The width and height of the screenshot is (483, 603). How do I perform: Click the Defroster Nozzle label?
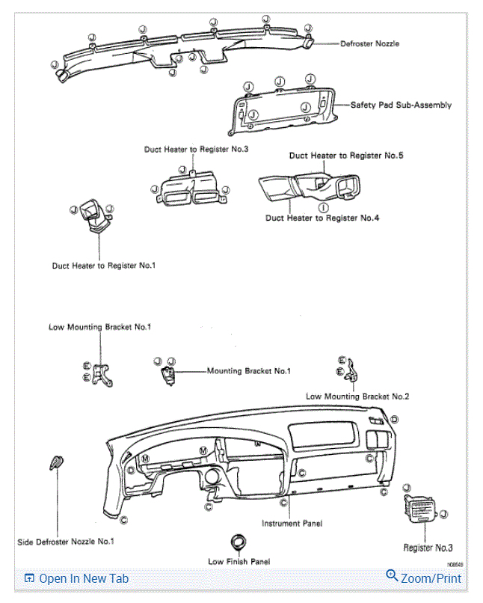tap(369, 43)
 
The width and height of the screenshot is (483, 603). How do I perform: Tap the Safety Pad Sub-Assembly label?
tap(401, 105)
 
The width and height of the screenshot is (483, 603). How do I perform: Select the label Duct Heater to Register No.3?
tap(196, 150)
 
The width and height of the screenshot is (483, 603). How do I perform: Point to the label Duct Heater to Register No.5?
tap(346, 156)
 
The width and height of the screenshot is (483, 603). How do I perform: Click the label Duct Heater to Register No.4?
tap(322, 218)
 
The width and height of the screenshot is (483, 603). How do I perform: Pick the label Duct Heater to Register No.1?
tap(104, 265)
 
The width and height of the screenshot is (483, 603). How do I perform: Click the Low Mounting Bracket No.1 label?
tap(100, 327)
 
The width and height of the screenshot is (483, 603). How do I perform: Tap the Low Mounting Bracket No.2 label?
tap(357, 396)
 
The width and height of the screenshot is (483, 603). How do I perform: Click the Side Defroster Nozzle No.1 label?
tap(66, 541)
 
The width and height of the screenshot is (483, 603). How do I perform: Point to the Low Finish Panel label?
tap(239, 561)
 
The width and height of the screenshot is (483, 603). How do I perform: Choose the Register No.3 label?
tap(428, 548)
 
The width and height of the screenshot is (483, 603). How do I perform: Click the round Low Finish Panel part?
tap(239, 541)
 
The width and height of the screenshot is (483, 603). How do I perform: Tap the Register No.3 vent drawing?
tap(420, 512)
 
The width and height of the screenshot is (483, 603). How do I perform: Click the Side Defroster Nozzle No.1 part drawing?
tap(57, 462)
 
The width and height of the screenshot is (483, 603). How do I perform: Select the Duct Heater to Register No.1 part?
tap(95, 215)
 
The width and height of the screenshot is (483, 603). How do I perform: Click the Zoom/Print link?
tap(431, 578)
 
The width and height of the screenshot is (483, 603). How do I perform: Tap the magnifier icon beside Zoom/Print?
tap(392, 576)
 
